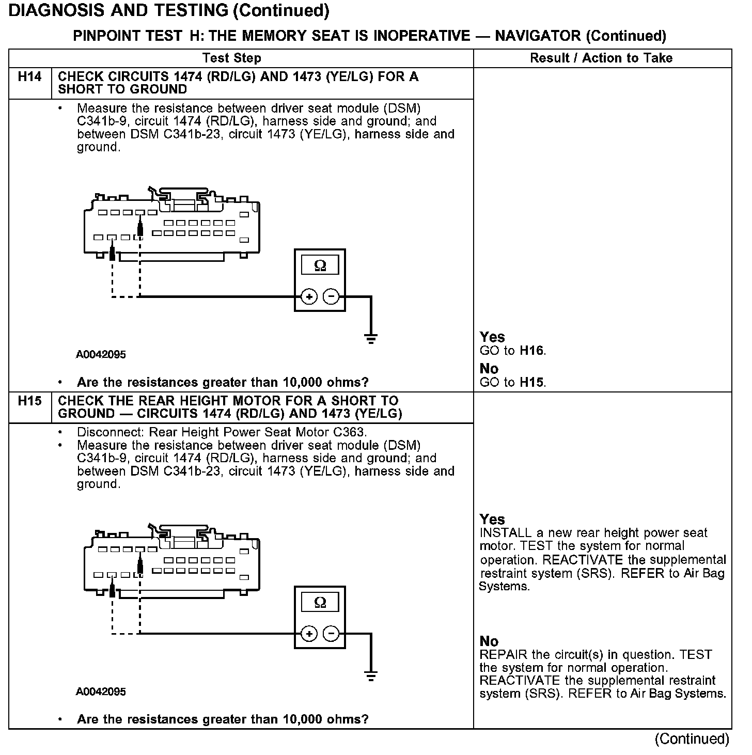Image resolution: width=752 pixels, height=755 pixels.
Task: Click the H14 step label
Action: tap(29, 77)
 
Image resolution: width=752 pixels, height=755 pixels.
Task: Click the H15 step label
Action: tap(29, 401)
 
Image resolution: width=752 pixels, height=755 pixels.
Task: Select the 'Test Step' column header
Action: tap(232, 58)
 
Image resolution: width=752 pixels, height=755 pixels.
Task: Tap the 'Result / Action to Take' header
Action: tap(601, 58)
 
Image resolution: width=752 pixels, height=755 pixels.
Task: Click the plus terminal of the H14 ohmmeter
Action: tap(309, 296)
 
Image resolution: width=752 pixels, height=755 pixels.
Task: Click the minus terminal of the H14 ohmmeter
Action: tap(331, 296)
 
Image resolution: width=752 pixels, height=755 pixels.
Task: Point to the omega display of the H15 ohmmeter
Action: tap(320, 602)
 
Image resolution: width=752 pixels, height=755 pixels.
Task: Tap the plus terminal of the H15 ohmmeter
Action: tap(309, 634)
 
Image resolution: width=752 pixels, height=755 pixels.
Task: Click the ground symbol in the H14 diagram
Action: tap(370, 338)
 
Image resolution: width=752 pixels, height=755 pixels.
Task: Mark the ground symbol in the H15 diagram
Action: tap(370, 675)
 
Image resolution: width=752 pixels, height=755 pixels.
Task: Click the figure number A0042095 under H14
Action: tap(101, 355)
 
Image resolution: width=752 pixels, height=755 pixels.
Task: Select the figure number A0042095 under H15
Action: tap(101, 691)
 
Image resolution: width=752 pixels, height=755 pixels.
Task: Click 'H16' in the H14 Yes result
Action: tap(532, 351)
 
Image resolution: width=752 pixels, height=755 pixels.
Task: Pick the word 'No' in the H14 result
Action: tap(489, 369)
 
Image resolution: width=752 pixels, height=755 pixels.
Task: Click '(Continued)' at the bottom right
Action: tap(692, 739)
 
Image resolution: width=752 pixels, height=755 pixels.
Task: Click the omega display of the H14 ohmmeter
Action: tap(320, 265)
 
